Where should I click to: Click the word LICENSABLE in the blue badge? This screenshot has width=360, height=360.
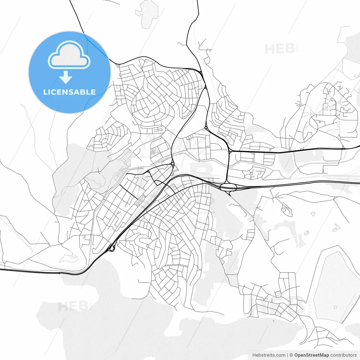(69, 92)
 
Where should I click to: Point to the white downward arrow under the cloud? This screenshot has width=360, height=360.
(66, 77)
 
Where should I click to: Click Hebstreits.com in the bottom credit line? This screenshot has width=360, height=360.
(269, 355)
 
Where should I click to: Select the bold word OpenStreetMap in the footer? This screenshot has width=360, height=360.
(312, 355)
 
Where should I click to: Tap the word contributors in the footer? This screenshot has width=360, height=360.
(343, 355)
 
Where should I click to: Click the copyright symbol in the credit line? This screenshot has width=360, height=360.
(291, 355)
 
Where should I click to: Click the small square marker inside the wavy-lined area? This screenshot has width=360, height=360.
(335, 307)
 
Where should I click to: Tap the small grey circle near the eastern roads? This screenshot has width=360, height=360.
(283, 210)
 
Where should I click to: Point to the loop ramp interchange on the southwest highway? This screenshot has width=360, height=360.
(112, 248)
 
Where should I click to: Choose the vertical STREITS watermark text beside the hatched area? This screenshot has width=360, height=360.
(310, 305)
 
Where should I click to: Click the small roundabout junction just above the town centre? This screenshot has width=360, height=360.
(172, 164)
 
